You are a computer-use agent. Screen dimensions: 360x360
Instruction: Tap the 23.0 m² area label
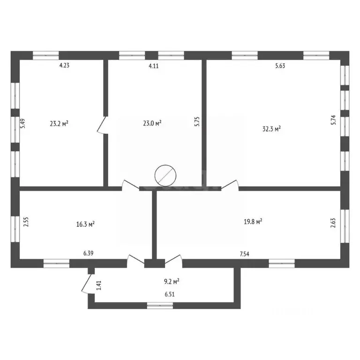pos(152,123)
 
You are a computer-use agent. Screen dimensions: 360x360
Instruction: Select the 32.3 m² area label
pos(271,128)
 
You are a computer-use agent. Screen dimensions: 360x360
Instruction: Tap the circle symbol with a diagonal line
pos(165,176)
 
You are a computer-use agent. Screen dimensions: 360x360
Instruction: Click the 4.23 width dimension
pos(64,66)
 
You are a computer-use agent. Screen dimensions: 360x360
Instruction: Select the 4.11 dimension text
pos(154,66)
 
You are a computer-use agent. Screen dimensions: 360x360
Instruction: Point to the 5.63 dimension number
pos(280,66)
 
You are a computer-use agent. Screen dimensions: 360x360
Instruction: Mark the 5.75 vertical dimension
pos(197,122)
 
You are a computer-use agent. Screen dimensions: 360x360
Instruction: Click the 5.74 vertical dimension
pos(334,120)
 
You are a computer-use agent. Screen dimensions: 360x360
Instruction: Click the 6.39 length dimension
pos(89,254)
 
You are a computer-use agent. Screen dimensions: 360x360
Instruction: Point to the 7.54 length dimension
pos(244,254)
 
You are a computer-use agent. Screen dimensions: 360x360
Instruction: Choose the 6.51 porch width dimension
pos(169,295)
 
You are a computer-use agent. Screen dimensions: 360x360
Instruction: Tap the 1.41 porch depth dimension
pos(98,285)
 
